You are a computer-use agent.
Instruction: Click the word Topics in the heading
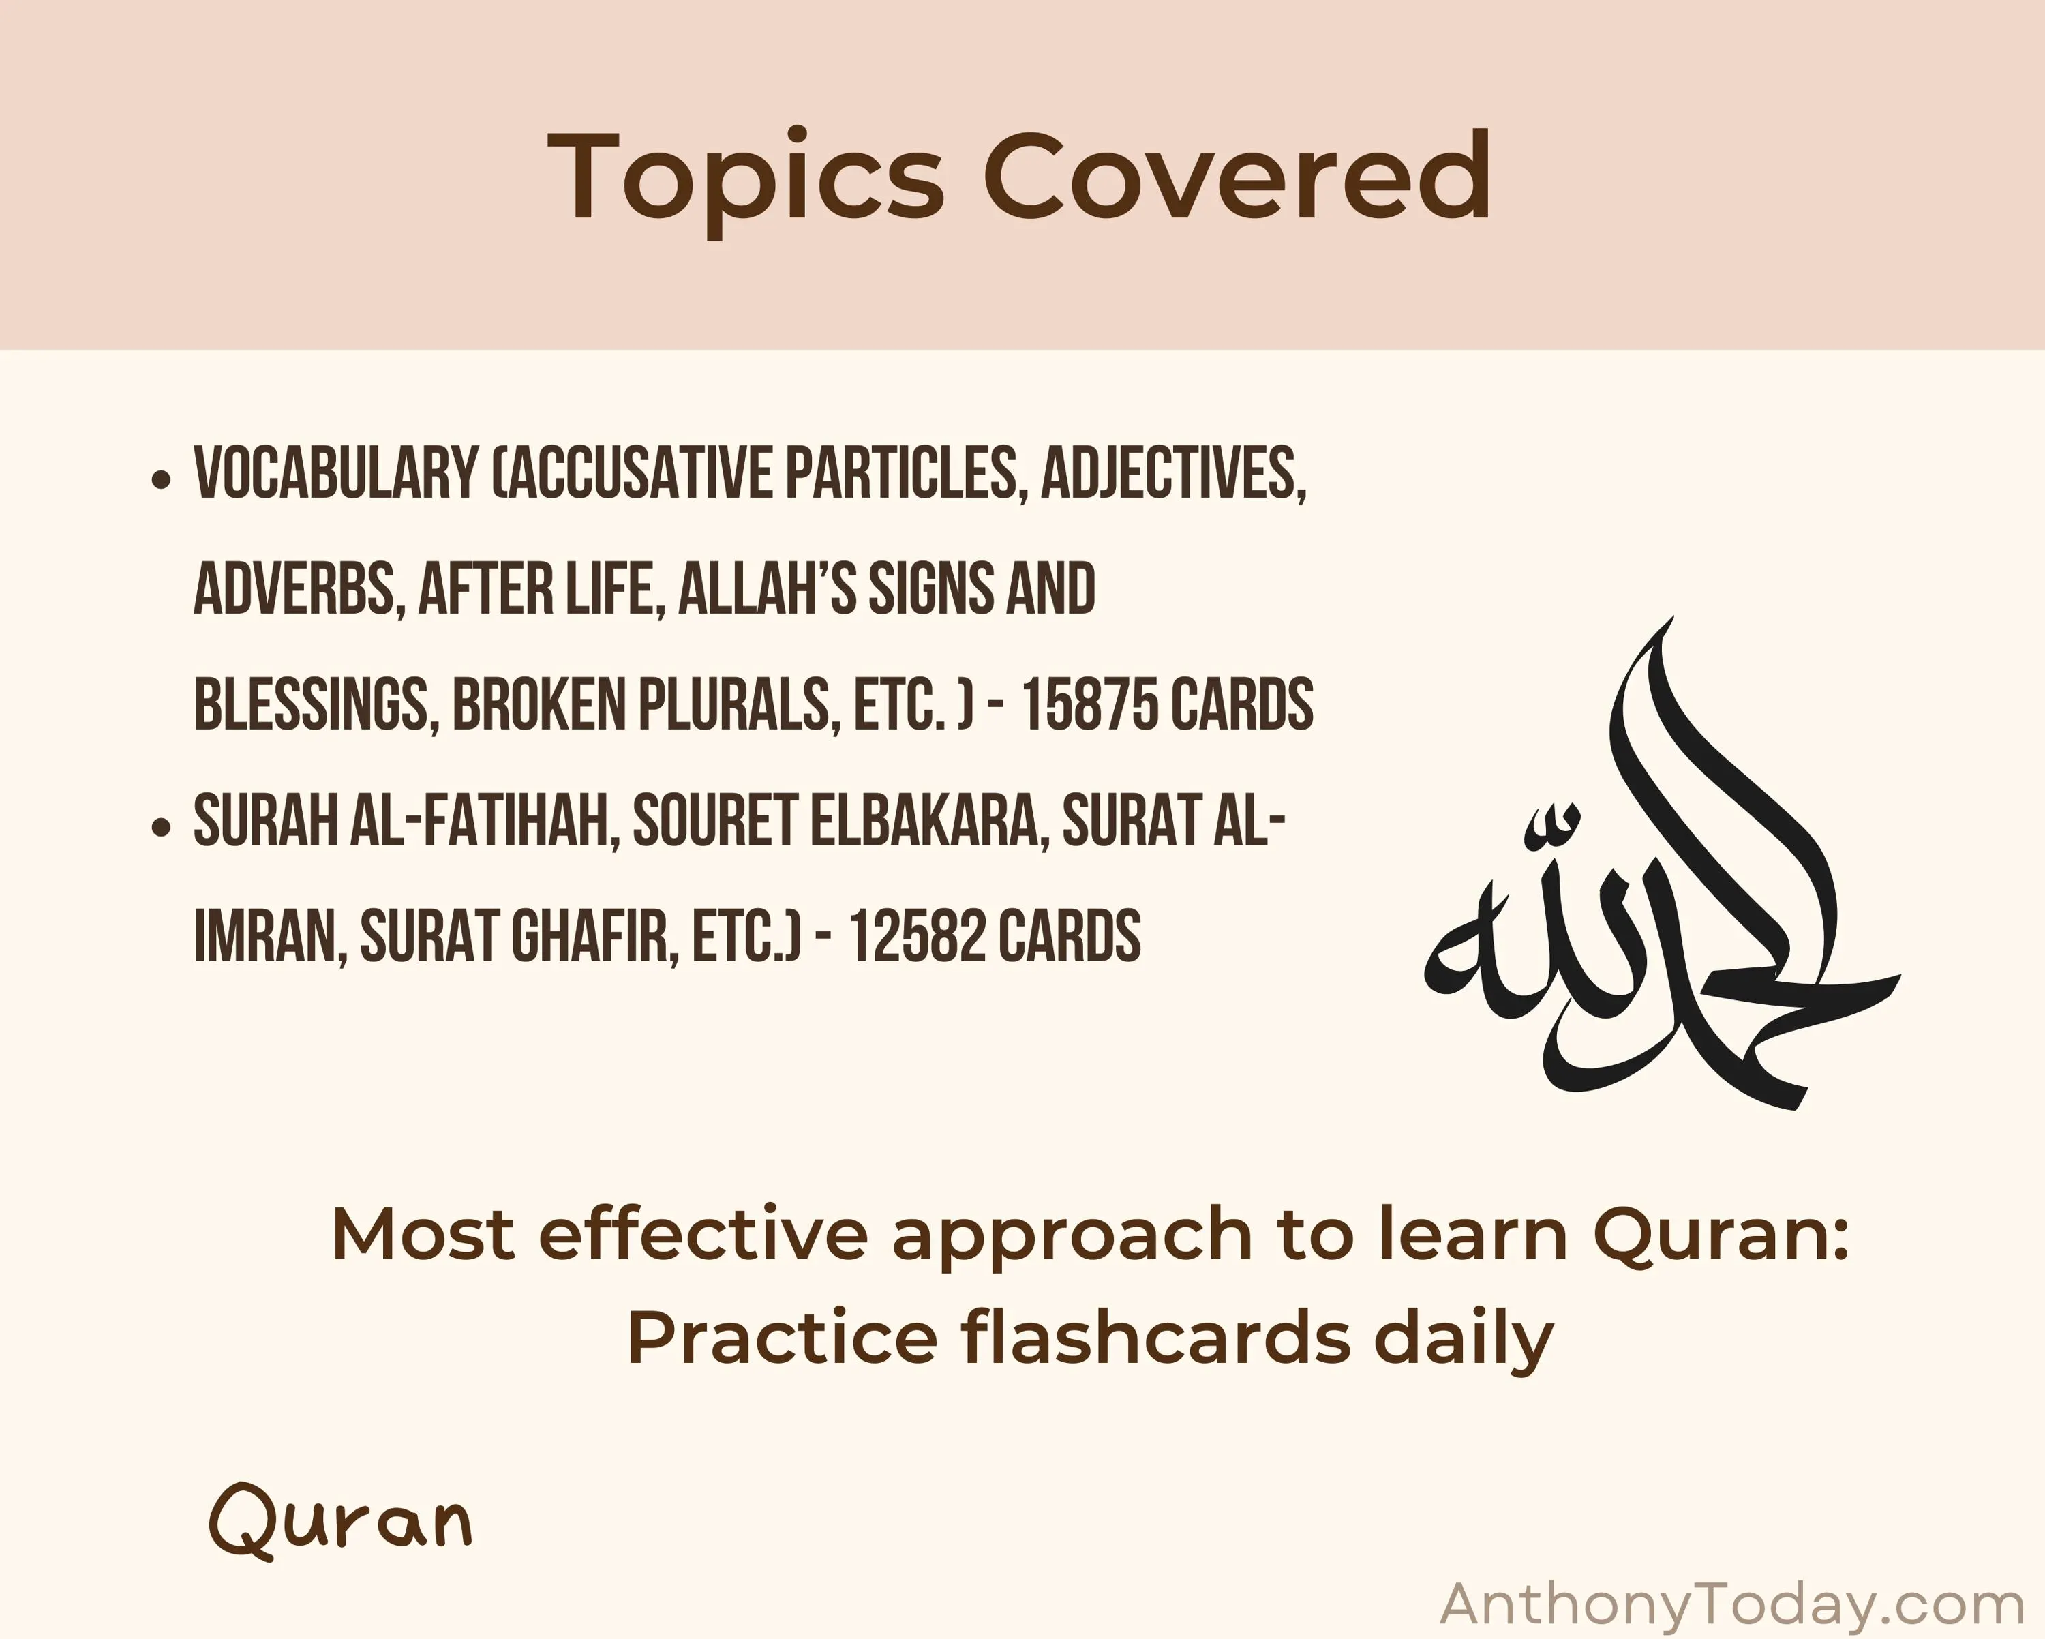[746, 179]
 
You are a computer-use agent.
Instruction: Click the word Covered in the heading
[1236, 175]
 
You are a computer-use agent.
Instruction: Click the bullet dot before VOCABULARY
[162, 479]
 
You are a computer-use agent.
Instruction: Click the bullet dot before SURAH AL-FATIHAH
[162, 827]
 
